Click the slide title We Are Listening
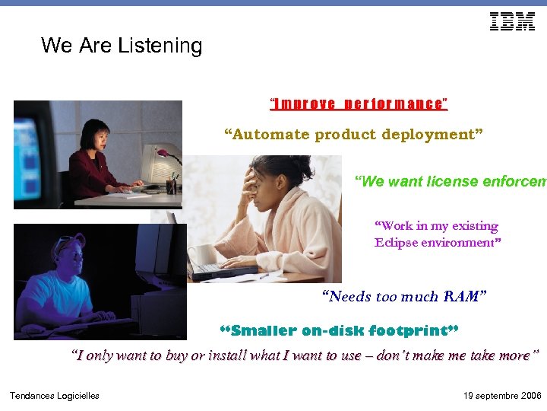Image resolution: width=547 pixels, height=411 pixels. pyautogui.click(x=122, y=46)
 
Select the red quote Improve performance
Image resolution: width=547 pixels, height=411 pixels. pyautogui.click(x=359, y=104)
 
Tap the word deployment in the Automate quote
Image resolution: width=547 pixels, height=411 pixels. pyautogui.click(x=432, y=135)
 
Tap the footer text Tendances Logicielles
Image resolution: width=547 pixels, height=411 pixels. pyautogui.click(x=54, y=395)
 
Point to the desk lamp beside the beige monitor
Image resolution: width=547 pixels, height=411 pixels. pyautogui.click(x=166, y=156)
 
